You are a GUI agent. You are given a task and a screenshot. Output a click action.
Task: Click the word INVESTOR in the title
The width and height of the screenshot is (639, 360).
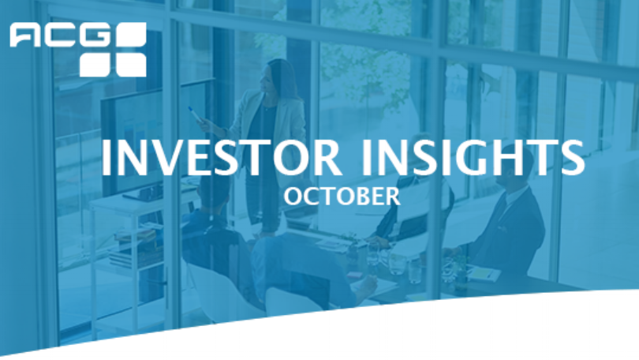click(x=221, y=157)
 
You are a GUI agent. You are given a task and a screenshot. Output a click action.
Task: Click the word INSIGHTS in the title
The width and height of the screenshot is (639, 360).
click(x=473, y=157)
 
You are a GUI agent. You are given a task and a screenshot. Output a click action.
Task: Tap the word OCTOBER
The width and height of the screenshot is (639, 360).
click(x=342, y=196)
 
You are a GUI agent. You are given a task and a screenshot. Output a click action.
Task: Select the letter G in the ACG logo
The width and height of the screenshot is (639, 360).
click(x=95, y=35)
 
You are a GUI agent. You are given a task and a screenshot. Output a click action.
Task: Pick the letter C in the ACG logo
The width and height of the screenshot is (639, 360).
click(x=60, y=35)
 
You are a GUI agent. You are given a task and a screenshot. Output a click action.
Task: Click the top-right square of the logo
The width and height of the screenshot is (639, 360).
click(x=131, y=35)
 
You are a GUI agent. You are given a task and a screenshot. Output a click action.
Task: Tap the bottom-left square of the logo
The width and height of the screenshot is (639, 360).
click(x=95, y=66)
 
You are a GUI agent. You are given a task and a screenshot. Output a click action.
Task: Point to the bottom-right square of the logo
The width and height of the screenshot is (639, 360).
click(x=131, y=66)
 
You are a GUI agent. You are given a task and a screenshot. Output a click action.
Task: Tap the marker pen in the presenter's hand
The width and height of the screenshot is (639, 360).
click(x=194, y=114)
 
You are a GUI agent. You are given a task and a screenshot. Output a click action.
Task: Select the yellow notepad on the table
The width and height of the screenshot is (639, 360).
click(x=484, y=275)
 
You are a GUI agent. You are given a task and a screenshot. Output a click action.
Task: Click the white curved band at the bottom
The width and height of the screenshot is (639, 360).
click(x=408, y=330)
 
